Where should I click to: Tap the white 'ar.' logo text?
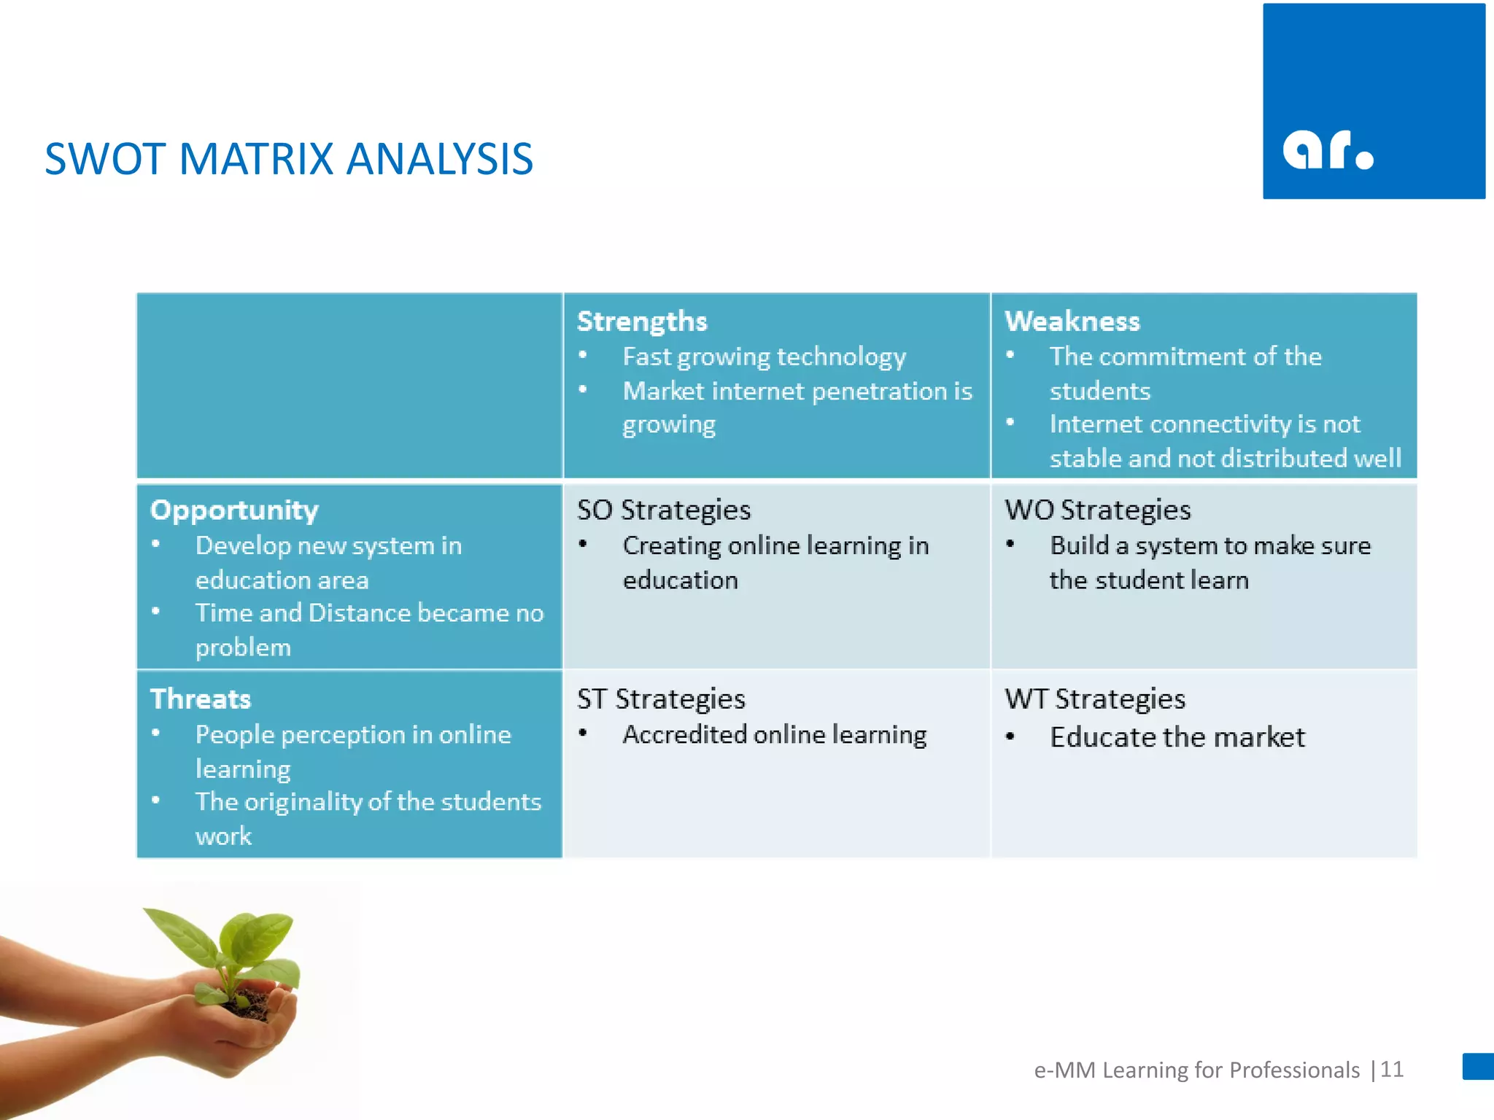point(1327,150)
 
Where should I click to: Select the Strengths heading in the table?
point(641,322)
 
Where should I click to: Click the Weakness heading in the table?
point(1072,322)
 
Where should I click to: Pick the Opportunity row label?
point(234,510)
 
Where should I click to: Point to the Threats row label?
point(201,699)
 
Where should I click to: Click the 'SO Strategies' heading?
point(663,510)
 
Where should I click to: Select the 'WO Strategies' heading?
point(1097,510)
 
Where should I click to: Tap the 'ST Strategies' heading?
point(661,699)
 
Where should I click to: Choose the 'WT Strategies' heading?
point(1094,699)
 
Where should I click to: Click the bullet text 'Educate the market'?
point(1177,737)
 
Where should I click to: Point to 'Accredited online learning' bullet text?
point(774,734)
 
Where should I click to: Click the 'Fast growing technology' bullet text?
point(764,357)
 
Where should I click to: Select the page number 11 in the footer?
point(1392,1069)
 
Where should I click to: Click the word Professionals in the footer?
point(1294,1070)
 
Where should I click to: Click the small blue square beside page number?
point(1478,1066)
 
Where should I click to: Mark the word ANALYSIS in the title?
point(439,159)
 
